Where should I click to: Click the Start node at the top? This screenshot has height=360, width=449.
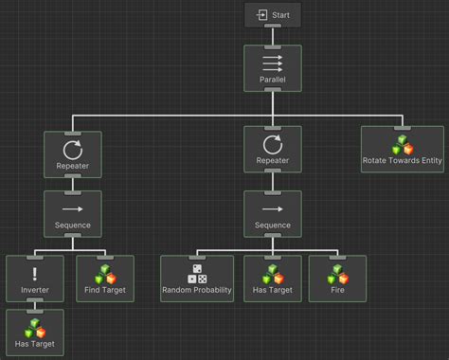[x=273, y=14]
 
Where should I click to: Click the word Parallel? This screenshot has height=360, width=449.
[x=273, y=80]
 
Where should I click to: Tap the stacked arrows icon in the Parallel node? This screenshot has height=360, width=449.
[x=273, y=62]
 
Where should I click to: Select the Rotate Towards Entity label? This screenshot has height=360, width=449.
[x=403, y=160]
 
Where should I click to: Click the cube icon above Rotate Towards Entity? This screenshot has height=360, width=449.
[x=403, y=143]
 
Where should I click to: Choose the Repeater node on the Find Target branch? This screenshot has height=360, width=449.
[x=73, y=154]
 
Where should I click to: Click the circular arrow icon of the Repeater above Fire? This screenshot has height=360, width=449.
[x=273, y=146]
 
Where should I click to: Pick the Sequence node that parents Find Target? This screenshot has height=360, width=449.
[x=73, y=213]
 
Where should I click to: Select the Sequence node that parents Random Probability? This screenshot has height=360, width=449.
[x=273, y=213]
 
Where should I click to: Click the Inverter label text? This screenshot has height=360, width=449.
[x=35, y=290]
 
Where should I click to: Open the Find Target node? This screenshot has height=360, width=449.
[x=105, y=279]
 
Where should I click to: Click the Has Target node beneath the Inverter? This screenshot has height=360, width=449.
[x=35, y=333]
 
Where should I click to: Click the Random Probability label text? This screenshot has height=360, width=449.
[x=196, y=290]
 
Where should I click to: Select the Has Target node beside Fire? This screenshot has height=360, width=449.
[x=273, y=279]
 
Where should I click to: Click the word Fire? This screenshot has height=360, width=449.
[x=337, y=290]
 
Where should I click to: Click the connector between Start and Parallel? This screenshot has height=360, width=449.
[x=273, y=36]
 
